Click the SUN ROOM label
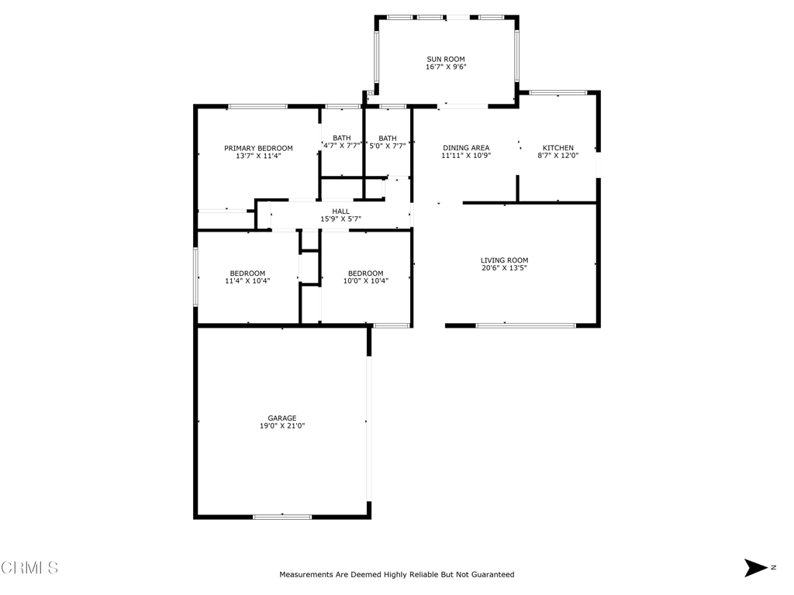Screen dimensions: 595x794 tap(446, 59)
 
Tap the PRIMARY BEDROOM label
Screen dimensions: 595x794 tap(258, 148)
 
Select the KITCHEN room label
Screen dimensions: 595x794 tap(558, 148)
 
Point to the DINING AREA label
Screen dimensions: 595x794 tap(466, 148)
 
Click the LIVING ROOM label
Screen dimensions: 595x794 tap(504, 260)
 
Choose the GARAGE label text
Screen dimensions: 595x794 tap(282, 418)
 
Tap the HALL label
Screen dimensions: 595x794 tap(341, 211)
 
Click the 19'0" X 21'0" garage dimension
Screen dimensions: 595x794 tap(282, 426)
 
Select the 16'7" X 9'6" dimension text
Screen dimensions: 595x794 tap(446, 67)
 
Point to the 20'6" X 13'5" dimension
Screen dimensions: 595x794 tap(504, 269)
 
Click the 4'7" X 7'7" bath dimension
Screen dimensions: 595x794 tap(342, 146)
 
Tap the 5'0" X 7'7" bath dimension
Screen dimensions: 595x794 tap(388, 146)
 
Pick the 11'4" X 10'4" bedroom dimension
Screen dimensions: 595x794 tap(247, 281)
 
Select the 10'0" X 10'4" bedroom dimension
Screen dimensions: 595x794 tap(365, 281)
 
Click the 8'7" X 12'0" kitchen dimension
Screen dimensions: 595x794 tap(558, 156)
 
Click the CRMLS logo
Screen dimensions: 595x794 tap(29, 568)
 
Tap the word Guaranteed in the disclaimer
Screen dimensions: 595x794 tap(490, 575)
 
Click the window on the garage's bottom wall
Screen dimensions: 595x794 tap(282, 516)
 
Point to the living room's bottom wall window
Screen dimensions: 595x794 tap(526, 325)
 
